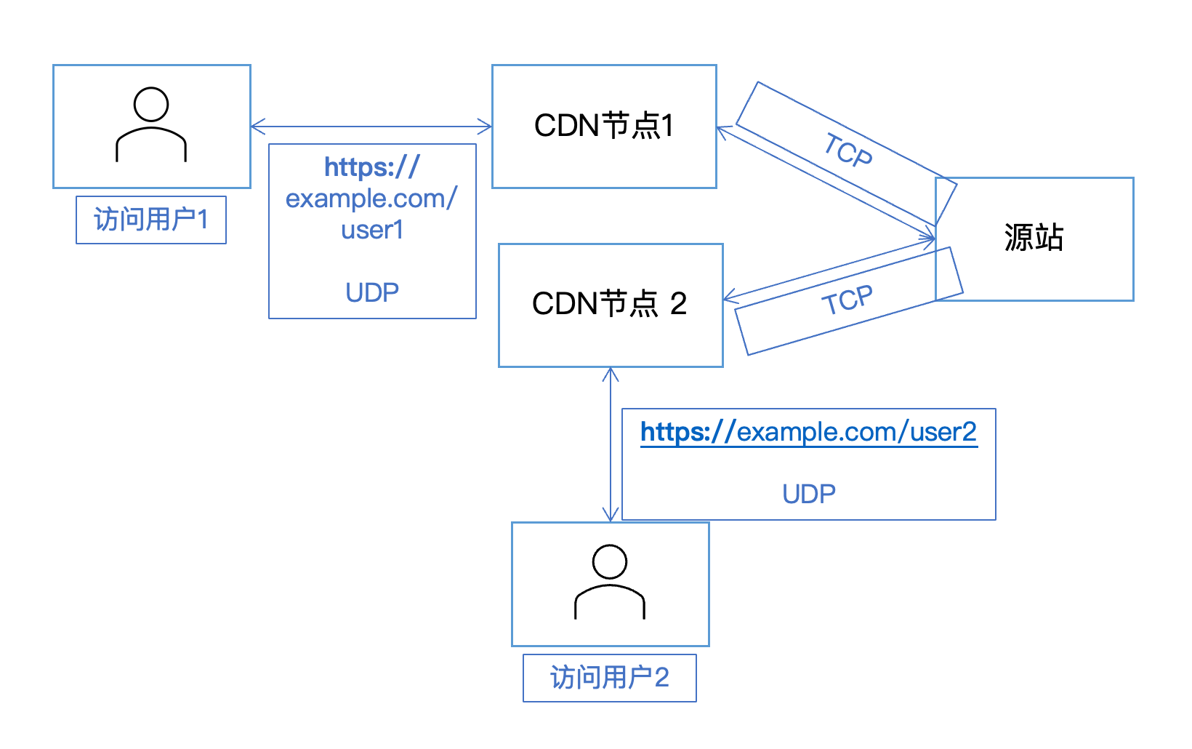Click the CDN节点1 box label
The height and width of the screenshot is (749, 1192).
603,126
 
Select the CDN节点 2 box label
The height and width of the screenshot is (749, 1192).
609,304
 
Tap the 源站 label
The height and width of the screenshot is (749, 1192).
1034,238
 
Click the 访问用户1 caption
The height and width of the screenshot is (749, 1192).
151,220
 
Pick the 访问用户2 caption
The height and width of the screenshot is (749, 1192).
609,678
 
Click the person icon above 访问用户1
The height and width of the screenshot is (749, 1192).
151,124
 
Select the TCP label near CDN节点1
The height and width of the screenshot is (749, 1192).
847,151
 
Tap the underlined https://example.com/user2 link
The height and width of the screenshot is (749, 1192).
808,432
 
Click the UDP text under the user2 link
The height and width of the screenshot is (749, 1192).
808,494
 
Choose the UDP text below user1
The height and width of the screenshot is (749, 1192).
372,293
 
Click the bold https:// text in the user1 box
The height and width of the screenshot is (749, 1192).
372,167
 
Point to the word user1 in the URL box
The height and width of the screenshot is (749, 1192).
372,230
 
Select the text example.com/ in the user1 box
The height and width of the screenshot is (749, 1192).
371,199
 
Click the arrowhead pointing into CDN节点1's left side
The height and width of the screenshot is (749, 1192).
486,127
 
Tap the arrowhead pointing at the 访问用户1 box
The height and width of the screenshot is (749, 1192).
257,127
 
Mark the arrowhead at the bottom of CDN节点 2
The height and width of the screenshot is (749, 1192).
611,373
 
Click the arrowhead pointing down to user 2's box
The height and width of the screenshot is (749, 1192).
611,516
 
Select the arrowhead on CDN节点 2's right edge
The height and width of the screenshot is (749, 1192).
729,298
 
